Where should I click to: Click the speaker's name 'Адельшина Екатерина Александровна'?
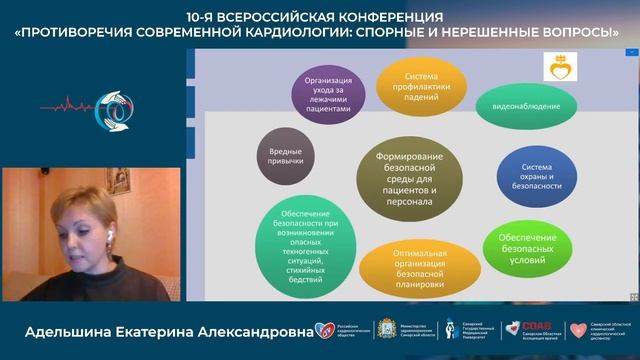[x=156, y=330]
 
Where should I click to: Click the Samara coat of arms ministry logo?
[x=392, y=330]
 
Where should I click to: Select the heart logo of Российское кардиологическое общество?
[x=322, y=330]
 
